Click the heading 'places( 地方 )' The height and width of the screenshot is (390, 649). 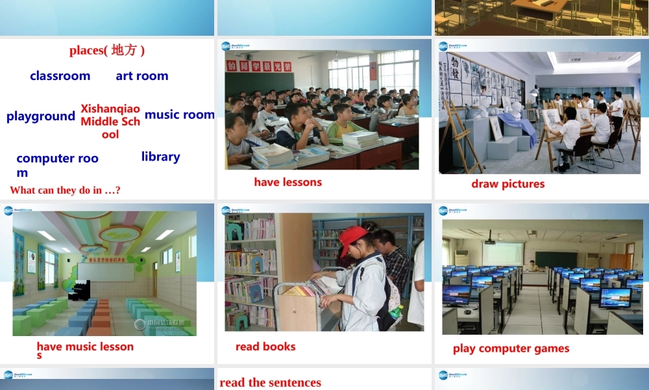click(x=107, y=51)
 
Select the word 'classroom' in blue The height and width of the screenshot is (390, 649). click(x=60, y=76)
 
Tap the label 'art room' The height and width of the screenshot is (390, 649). click(x=142, y=76)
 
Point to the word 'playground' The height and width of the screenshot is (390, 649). click(x=41, y=116)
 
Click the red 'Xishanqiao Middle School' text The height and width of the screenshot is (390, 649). click(x=110, y=121)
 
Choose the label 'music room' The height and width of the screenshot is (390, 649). click(x=179, y=115)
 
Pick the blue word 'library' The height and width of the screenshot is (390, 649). click(x=160, y=157)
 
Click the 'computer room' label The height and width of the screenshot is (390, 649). click(x=57, y=164)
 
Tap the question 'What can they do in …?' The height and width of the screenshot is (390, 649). click(x=65, y=190)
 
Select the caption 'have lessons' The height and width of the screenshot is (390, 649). click(x=288, y=182)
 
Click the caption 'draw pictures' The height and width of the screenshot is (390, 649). click(x=508, y=184)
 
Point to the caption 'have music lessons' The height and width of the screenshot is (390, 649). click(x=84, y=350)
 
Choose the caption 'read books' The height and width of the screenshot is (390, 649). click(x=265, y=346)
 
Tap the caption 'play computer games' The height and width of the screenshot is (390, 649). click(x=511, y=348)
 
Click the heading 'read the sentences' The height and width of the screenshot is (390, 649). click(x=270, y=382)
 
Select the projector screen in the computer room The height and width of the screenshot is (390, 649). click(x=502, y=253)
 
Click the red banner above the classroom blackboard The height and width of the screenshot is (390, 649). click(x=258, y=66)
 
